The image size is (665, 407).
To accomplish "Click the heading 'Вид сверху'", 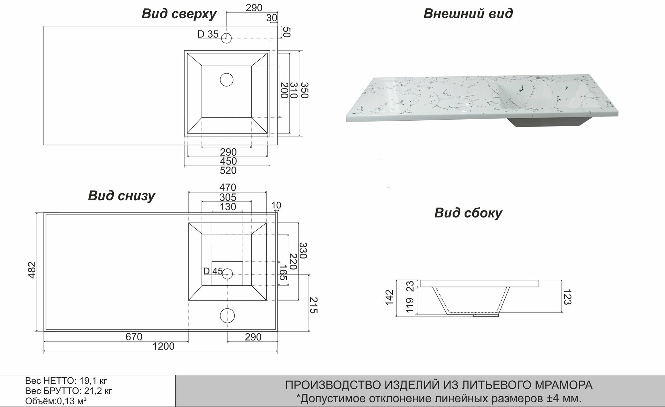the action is click(x=179, y=14).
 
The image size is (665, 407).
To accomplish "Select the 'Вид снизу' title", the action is click(x=121, y=196).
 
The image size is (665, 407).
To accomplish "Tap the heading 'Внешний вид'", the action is click(x=468, y=14).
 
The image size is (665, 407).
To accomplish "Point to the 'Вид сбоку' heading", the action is click(x=468, y=213).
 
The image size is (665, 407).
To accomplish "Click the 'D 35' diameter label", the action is click(x=208, y=34).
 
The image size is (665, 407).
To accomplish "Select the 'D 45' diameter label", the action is click(x=213, y=271).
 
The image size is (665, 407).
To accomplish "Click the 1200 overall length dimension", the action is click(x=163, y=347).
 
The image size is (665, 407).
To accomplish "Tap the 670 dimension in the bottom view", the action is click(x=134, y=337).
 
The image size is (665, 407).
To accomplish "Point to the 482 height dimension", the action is click(x=32, y=270).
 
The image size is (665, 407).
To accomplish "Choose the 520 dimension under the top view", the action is click(x=228, y=171).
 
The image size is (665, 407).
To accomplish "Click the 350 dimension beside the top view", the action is click(x=305, y=90).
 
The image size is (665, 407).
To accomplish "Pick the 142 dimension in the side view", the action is click(x=389, y=297).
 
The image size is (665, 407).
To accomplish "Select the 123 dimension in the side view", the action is click(x=567, y=297).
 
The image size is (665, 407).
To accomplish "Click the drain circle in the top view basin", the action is click(x=227, y=80).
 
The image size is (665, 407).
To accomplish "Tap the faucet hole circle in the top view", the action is click(x=226, y=38).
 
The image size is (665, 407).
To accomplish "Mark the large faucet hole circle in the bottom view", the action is click(x=227, y=315).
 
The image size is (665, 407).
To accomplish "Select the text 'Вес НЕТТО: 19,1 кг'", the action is click(x=66, y=381).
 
